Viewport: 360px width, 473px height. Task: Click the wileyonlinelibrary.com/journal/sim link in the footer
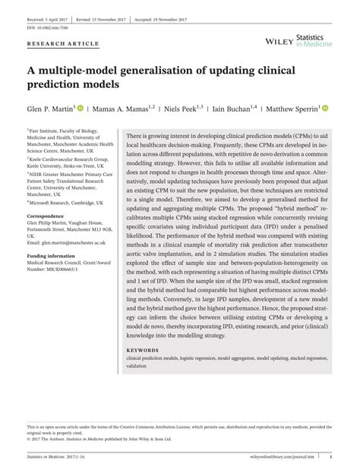[287, 456]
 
